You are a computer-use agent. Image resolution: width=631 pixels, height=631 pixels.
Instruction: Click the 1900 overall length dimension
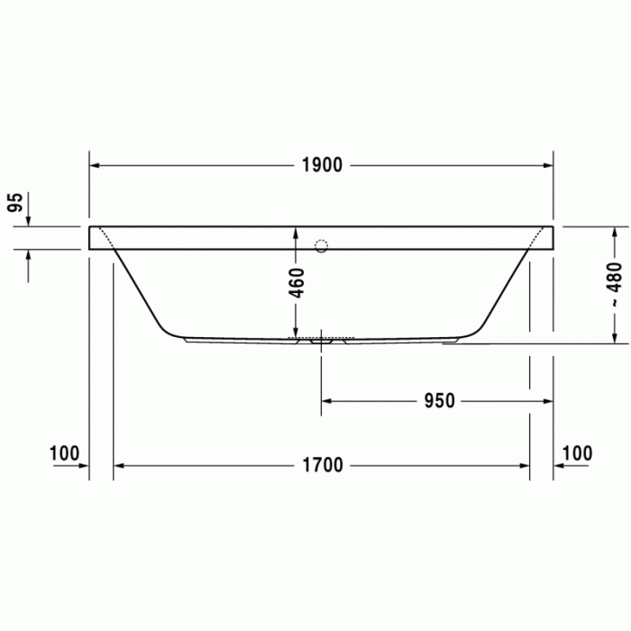coord(322,166)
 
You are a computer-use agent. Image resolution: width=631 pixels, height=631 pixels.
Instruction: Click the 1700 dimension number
coord(322,466)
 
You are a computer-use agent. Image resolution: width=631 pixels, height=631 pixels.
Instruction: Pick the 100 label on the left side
coord(65,453)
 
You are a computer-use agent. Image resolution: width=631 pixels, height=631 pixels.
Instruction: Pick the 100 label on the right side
coord(577,453)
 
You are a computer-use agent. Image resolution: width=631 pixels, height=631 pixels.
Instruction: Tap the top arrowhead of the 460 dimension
coord(295,232)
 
